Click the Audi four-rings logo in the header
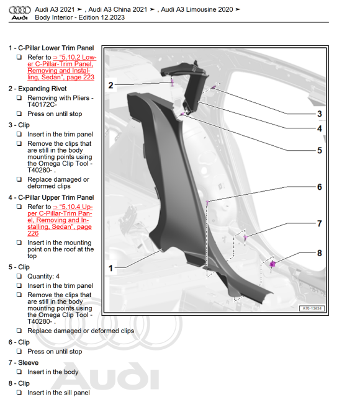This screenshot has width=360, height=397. (x=20, y=10)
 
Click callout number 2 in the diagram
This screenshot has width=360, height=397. (x=110, y=86)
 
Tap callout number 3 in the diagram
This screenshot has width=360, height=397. (x=320, y=114)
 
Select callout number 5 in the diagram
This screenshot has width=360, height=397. (x=320, y=150)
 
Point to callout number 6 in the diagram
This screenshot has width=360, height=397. (x=320, y=187)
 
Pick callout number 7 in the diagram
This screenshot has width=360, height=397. (x=320, y=223)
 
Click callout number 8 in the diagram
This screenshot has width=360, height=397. (x=320, y=253)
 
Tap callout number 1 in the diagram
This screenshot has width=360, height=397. (x=110, y=268)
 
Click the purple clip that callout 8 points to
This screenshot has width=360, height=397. (x=272, y=264)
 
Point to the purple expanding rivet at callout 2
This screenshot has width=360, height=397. (x=173, y=83)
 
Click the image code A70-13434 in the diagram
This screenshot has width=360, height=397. (x=312, y=308)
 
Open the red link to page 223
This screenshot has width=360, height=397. (x=62, y=68)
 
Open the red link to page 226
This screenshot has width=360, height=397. (x=60, y=220)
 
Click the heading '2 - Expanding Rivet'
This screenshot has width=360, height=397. (x=37, y=89)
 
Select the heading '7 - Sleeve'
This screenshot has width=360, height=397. (x=24, y=362)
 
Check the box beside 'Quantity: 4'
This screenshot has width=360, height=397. (x=19, y=276)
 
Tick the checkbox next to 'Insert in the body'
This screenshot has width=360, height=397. (x=19, y=372)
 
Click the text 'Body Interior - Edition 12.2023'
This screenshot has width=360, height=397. (x=80, y=17)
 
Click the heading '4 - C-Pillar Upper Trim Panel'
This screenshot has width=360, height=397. (x=51, y=197)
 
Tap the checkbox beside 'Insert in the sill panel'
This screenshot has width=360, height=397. (x=19, y=393)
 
